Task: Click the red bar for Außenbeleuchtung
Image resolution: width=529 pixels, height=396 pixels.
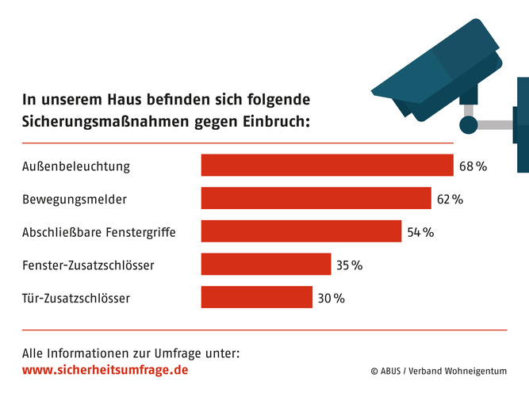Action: click(x=327, y=166)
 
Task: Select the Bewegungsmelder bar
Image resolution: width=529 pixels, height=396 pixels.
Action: click(x=316, y=198)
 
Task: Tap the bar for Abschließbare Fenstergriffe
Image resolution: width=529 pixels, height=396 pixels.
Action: click(x=301, y=231)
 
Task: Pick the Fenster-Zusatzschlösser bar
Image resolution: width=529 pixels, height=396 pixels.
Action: click(x=266, y=265)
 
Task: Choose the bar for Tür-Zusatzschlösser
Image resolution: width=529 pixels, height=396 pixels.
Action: click(x=257, y=298)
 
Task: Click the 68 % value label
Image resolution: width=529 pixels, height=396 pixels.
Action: click(x=472, y=166)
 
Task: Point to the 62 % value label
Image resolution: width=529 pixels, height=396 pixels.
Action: click(x=449, y=199)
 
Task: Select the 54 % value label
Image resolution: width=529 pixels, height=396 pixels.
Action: click(x=420, y=232)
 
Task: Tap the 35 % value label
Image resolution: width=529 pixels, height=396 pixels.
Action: click(x=349, y=265)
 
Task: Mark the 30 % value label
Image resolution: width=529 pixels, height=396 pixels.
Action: click(x=332, y=299)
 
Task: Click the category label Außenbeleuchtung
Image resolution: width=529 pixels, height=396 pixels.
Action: click(x=76, y=166)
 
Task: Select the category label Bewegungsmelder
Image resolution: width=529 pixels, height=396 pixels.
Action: click(x=75, y=199)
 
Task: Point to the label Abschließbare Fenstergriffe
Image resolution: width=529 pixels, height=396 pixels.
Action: click(x=99, y=232)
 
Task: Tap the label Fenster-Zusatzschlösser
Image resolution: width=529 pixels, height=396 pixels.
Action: click(x=88, y=265)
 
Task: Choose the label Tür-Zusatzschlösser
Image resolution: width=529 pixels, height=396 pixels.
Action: click(x=75, y=299)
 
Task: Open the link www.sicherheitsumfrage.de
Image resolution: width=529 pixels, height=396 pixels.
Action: click(x=105, y=370)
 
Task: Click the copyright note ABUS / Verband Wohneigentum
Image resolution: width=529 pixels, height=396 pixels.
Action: click(x=438, y=371)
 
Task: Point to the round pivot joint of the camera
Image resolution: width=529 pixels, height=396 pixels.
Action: click(x=469, y=125)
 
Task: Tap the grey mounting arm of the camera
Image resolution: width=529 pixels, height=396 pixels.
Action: click(x=496, y=125)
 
